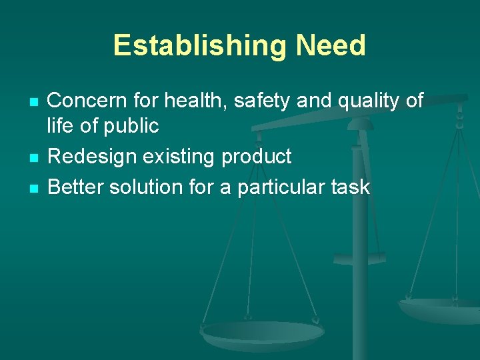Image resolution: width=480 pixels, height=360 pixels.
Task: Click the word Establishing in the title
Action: tap(200, 45)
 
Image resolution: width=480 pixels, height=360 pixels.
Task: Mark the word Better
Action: tap(75, 187)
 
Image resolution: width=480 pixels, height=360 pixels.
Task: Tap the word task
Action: tap(349, 187)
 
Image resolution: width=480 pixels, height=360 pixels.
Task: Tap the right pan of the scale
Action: tap(440, 308)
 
